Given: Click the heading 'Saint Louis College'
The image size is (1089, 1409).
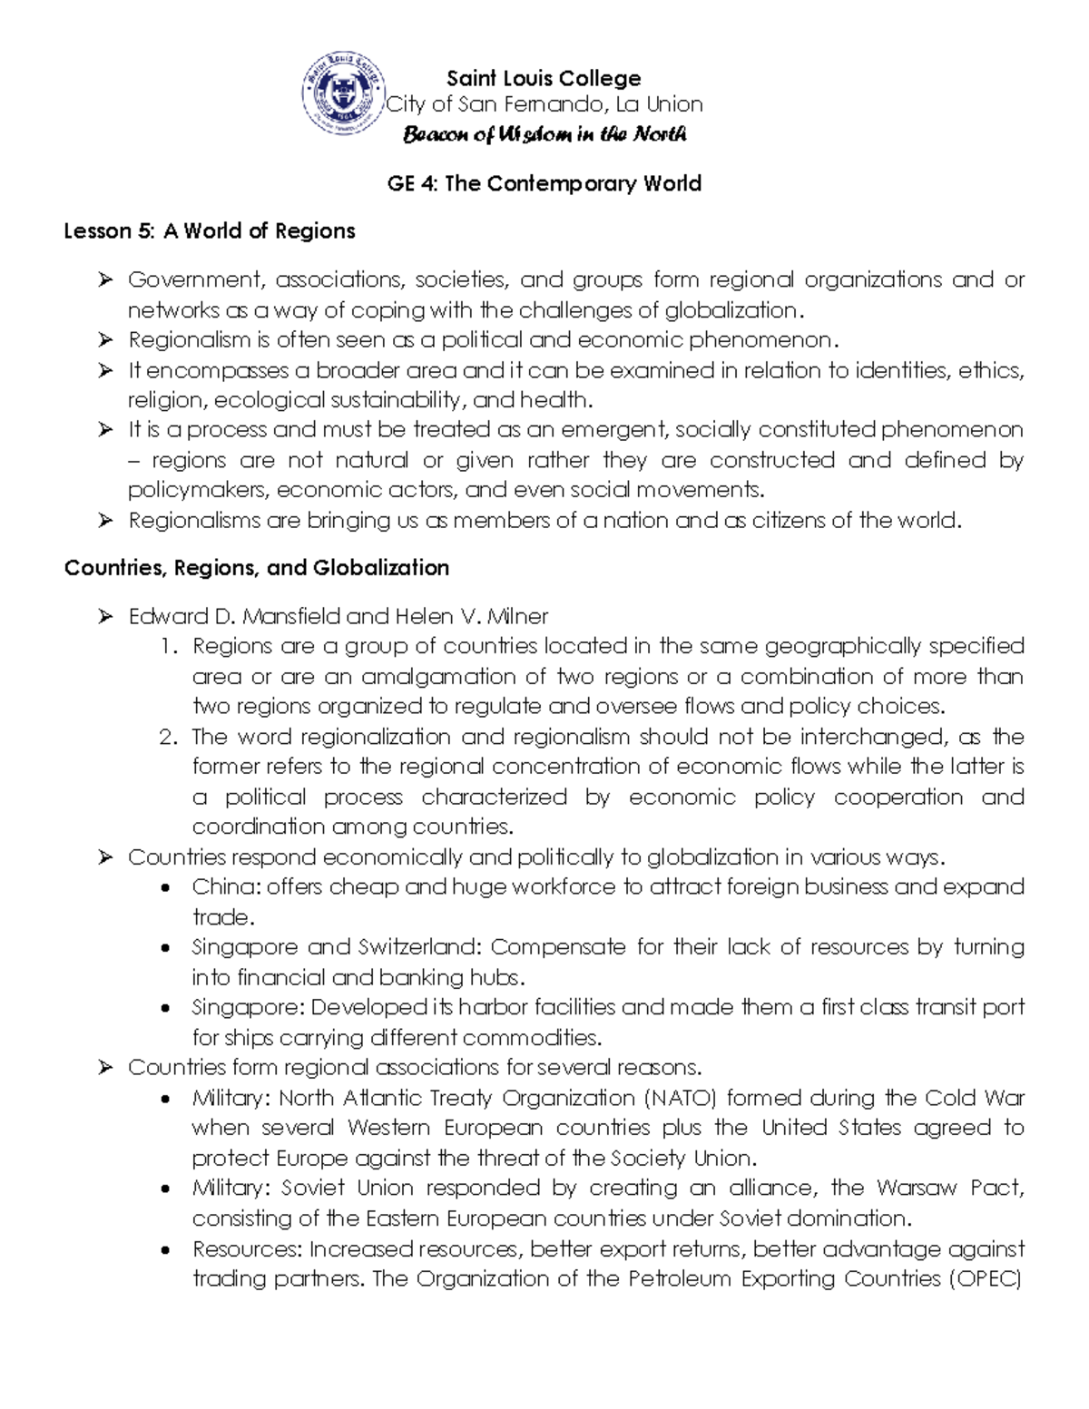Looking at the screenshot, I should (x=544, y=78).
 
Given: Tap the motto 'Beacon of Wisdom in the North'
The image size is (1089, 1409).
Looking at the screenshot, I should (x=544, y=135).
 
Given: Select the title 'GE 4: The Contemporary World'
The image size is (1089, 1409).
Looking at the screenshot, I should (x=544, y=184).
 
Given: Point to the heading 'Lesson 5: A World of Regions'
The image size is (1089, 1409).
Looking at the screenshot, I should (x=210, y=231).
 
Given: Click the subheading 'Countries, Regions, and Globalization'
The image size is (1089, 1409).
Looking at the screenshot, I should (x=257, y=568).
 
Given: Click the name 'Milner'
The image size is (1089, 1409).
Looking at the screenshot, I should (x=517, y=617).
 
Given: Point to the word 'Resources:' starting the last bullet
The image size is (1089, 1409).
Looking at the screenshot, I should (x=246, y=1249).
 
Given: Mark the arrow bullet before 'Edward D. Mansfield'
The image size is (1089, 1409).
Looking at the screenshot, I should (x=106, y=617).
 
